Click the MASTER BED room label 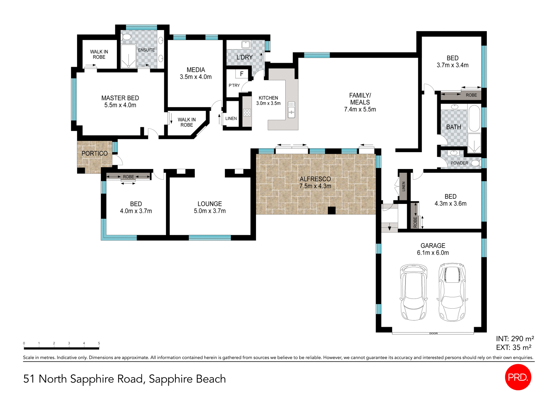120,102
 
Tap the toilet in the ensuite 126,37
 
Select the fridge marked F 242,74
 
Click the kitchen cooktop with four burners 247,113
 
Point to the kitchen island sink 291,110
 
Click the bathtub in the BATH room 474,118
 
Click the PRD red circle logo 518,377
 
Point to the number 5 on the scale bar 99,343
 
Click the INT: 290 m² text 515,339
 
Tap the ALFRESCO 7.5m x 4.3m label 315,182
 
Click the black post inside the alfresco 332,210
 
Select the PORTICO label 94,153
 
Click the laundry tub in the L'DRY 246,45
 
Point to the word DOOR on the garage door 433,333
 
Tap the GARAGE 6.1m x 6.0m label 433,249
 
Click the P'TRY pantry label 234,86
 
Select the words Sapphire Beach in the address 187,379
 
